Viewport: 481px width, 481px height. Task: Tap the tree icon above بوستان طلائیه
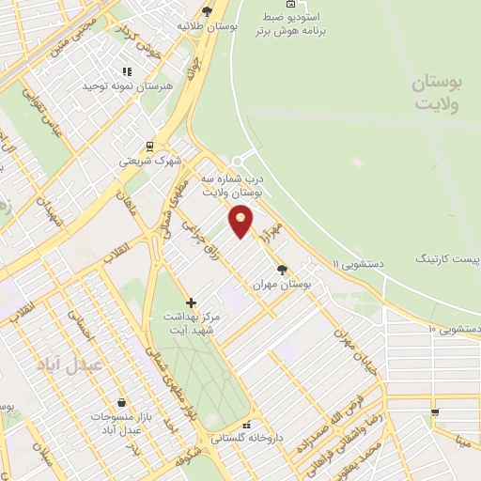(x=207, y=12)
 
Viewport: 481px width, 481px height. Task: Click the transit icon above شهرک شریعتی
(x=148, y=147)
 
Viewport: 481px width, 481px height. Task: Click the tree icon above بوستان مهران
(x=282, y=269)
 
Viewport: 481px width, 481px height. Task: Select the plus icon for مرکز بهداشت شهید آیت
(x=192, y=303)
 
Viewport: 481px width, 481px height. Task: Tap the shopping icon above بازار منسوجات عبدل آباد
(x=121, y=403)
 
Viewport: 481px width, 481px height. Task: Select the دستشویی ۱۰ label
(x=454, y=329)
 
